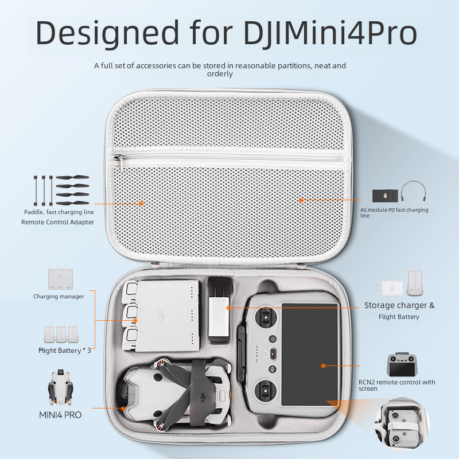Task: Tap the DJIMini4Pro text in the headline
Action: pyautogui.click(x=330, y=33)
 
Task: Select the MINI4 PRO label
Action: pyautogui.click(x=60, y=415)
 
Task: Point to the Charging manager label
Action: pyautogui.click(x=59, y=296)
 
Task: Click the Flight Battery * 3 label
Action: pyautogui.click(x=65, y=351)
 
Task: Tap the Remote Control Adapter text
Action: pyautogui.click(x=58, y=222)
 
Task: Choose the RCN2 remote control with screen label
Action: pyautogui.click(x=396, y=385)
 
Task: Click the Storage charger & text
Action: pyautogui.click(x=399, y=305)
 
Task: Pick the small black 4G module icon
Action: pyautogui.click(x=385, y=196)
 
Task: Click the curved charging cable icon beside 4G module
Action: pyautogui.click(x=413, y=191)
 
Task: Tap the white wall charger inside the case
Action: pyautogui.click(x=219, y=317)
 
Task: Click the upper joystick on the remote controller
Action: pyautogui.click(x=266, y=317)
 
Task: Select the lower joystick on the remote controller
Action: pyautogui.click(x=266, y=391)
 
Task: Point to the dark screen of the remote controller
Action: pyautogui.click(x=310, y=354)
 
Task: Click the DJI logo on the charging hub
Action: pyautogui.click(x=161, y=316)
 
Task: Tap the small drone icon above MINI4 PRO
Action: pyautogui.click(x=61, y=387)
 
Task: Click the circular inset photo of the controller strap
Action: pyautogui.click(x=402, y=425)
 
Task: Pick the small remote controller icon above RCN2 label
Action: pyautogui.click(x=401, y=364)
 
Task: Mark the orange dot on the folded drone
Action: pyautogui.click(x=123, y=409)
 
